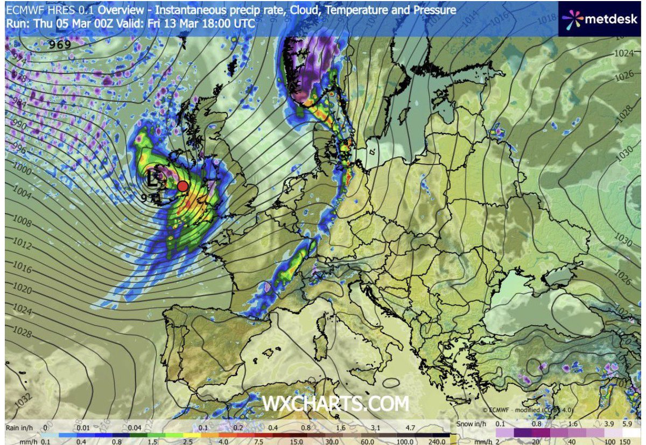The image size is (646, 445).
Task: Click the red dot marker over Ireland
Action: point(182,186)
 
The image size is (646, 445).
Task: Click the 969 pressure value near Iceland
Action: point(60,45)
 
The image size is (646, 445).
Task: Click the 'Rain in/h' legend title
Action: point(19,427)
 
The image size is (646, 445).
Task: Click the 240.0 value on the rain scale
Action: point(436,442)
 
